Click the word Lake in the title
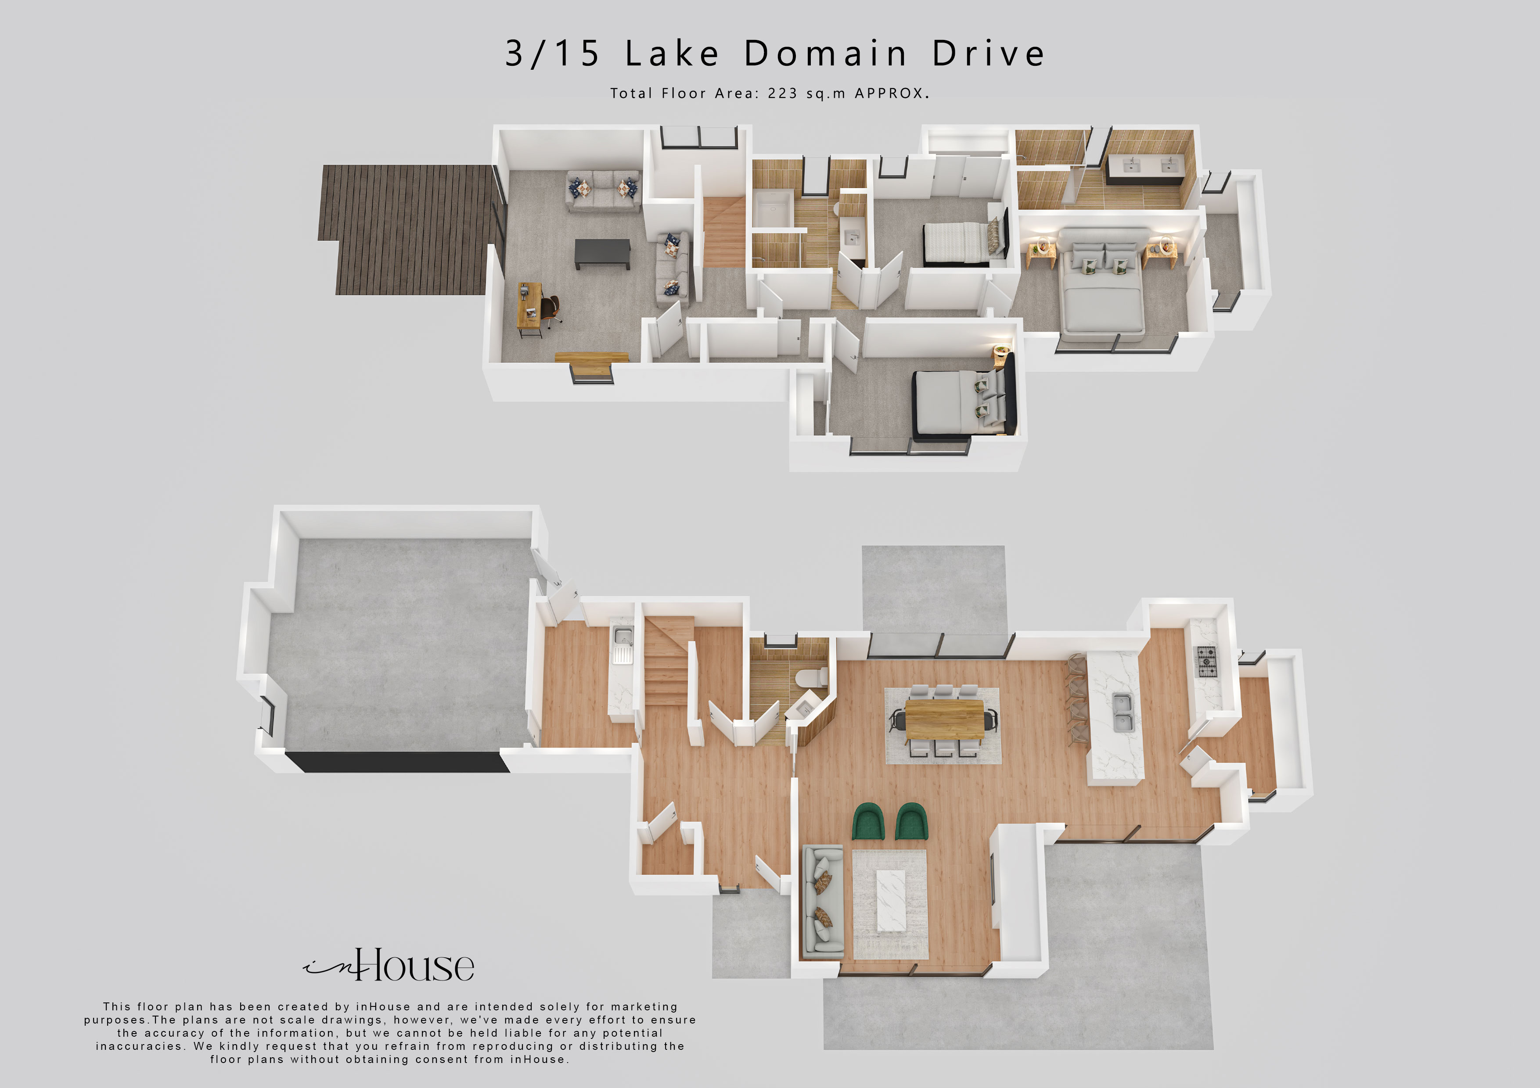672,53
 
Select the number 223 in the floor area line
782,93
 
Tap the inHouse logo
389,965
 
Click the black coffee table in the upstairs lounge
602,254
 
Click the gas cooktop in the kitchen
1207,661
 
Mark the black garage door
397,762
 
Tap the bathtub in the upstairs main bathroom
773,209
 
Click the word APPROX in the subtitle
889,93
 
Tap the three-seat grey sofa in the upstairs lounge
604,191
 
